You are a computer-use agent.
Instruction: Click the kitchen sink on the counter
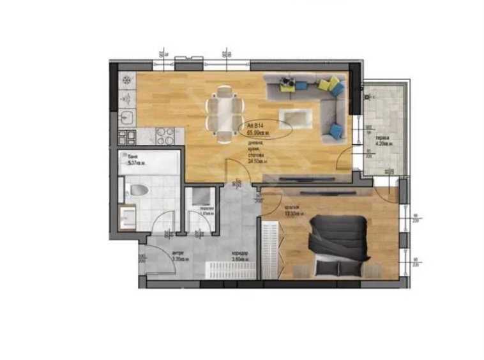pos(126,116)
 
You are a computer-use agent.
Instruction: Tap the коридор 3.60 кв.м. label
pos(240,258)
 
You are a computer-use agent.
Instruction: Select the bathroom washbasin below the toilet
pos(126,215)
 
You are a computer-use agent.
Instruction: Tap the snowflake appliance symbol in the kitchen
pos(126,80)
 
